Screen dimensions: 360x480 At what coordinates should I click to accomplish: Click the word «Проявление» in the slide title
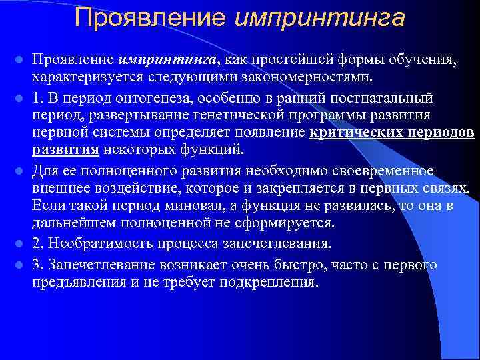(151, 18)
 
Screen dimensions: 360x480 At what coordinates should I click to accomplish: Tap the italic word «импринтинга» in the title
(320, 18)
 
